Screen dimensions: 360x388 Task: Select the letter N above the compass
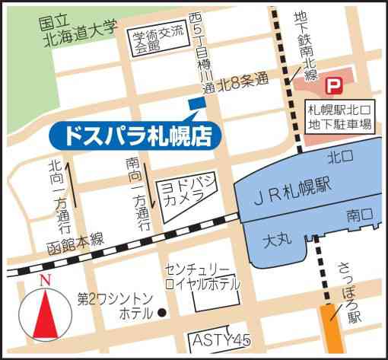pos(45,279)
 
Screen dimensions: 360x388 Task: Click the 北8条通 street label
pos(242,77)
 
